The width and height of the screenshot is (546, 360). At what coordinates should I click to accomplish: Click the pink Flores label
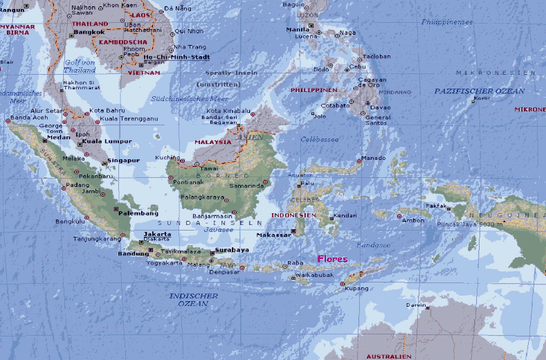(x=332, y=260)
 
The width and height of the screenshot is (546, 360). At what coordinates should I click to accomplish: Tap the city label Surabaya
(x=232, y=249)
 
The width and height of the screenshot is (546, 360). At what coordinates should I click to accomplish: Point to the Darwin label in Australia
(x=416, y=304)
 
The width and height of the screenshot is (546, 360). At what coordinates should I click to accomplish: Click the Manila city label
(x=297, y=30)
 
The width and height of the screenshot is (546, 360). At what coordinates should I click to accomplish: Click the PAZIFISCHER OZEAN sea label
(x=479, y=91)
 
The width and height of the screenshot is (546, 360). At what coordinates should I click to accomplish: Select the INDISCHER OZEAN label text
(x=193, y=300)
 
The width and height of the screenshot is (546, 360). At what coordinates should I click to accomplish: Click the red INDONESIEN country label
(x=293, y=215)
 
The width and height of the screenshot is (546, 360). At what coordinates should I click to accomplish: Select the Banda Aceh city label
(x=19, y=117)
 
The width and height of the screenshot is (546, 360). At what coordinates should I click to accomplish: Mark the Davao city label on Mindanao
(x=380, y=107)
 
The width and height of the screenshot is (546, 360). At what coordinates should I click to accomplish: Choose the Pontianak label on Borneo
(x=190, y=182)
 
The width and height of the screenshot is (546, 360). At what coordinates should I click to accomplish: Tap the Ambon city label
(x=413, y=221)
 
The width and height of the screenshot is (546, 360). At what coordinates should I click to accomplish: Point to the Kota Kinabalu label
(x=228, y=111)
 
